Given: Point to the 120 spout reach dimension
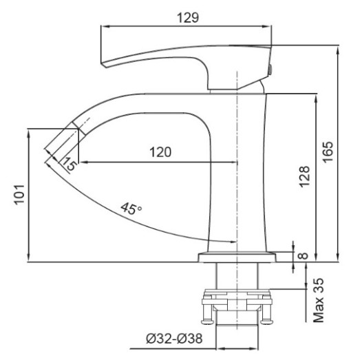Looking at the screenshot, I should (160, 152).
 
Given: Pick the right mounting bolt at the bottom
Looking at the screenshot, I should (265, 314).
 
